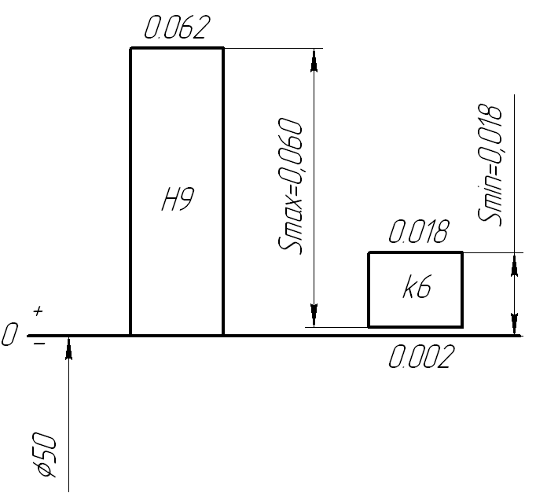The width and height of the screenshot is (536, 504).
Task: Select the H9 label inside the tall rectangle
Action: (x=177, y=203)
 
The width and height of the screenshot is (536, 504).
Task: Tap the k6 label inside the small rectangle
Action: (x=415, y=289)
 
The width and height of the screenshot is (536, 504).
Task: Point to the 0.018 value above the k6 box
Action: (x=418, y=233)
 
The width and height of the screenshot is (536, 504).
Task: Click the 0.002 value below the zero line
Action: (x=421, y=358)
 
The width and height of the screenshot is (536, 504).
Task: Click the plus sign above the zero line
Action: (x=38, y=313)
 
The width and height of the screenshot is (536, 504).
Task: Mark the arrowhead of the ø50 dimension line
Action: (x=69, y=349)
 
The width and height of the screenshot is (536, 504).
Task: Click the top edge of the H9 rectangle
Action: (x=177, y=48)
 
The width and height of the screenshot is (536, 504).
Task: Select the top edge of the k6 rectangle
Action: (x=415, y=252)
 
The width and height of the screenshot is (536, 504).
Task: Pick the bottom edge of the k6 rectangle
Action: (x=415, y=326)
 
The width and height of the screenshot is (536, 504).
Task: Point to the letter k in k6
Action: (x=407, y=289)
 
